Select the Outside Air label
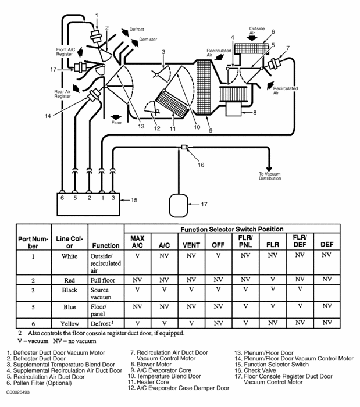pos(257,30)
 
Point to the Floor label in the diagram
pos(117,123)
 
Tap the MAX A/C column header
pos(137,242)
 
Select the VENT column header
pos(191,245)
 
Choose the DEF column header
pos(327,245)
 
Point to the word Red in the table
pos(70,279)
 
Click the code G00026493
pos(18,401)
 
